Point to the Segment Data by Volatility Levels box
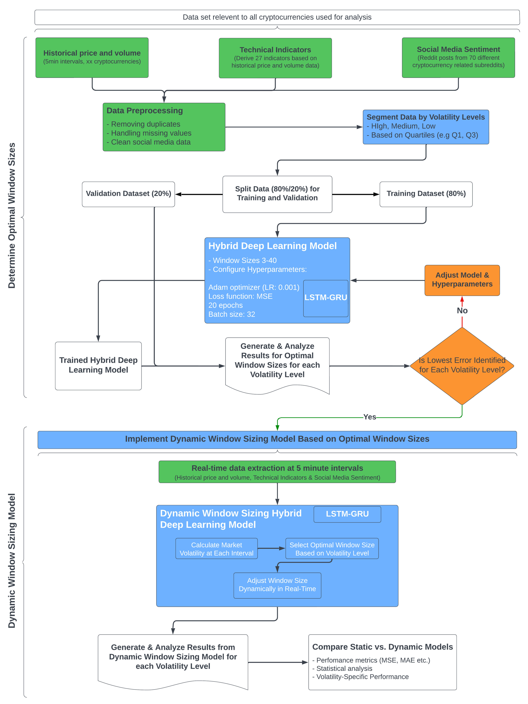pos(426,127)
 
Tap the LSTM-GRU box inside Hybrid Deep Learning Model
pos(325,298)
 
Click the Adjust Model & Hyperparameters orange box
pos(462,280)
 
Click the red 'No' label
pos(462,311)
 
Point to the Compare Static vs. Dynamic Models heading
pos(382,647)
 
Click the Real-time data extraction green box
pos(277,472)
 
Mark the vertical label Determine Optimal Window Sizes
pos(12,215)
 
